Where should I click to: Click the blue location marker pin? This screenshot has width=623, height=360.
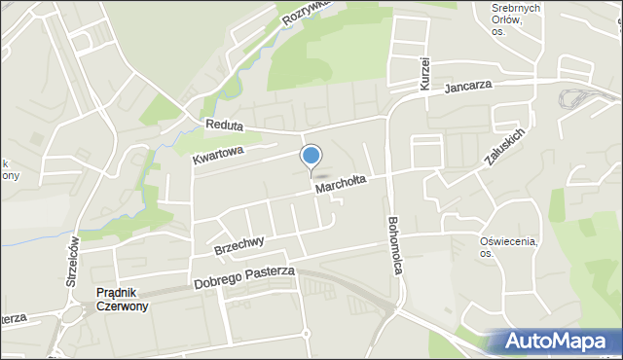coord(311,157)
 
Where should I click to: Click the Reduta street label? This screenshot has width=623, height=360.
coord(224,126)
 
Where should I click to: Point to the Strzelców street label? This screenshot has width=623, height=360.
coord(71,262)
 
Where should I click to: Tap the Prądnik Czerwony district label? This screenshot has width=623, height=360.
coord(122,299)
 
